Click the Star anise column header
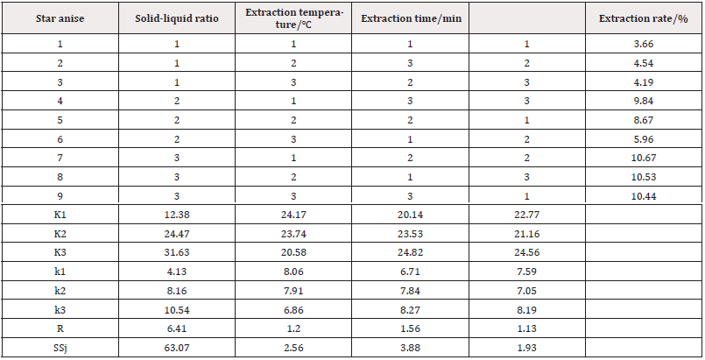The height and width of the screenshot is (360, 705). click(x=60, y=18)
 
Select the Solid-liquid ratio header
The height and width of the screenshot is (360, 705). click(x=177, y=18)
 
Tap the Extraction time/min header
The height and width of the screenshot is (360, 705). click(x=411, y=18)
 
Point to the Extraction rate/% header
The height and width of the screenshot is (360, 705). click(x=644, y=18)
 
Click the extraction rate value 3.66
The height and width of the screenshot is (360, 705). click(x=644, y=44)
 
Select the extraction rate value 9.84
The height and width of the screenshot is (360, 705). click(x=644, y=101)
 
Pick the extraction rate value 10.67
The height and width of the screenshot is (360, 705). click(x=644, y=158)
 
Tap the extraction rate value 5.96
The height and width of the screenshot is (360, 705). click(x=644, y=139)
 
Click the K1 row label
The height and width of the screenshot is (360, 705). click(x=60, y=215)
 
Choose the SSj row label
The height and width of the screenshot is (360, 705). click(x=60, y=348)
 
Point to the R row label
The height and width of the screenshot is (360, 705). click(x=60, y=328)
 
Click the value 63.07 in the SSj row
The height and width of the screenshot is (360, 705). click(x=177, y=348)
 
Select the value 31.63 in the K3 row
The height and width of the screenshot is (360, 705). click(x=177, y=252)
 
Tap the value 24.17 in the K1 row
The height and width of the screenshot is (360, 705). click(x=293, y=215)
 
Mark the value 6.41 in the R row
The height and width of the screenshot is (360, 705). click(x=177, y=328)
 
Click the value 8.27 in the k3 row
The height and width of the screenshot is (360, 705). click(x=411, y=310)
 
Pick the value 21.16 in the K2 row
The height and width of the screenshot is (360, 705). click(x=527, y=234)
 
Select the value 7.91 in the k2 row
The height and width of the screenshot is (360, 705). click(x=293, y=291)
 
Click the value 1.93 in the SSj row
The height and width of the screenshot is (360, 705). click(x=527, y=348)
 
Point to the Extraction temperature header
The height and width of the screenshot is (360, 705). click(x=294, y=18)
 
